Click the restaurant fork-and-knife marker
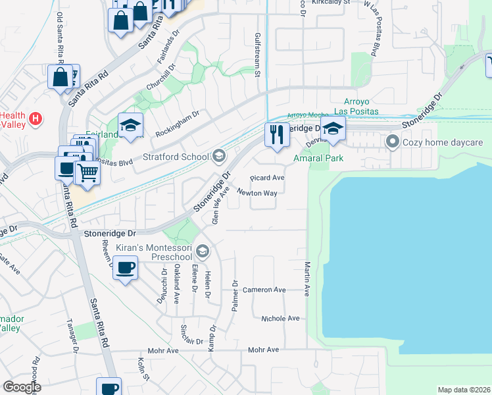coord(277,134)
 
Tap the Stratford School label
coord(176,157)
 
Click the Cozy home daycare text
coord(443,142)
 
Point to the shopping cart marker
coord(87,173)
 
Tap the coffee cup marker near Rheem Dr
coord(125,268)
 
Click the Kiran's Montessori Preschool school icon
coord(203,250)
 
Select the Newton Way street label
coord(257,193)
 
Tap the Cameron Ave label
coord(264,290)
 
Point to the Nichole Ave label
coord(280,319)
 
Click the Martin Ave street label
coord(307,278)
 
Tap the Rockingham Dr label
coord(177,124)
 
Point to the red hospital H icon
coord(37,118)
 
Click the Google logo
coord(22,387)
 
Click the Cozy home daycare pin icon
coord(393,142)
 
